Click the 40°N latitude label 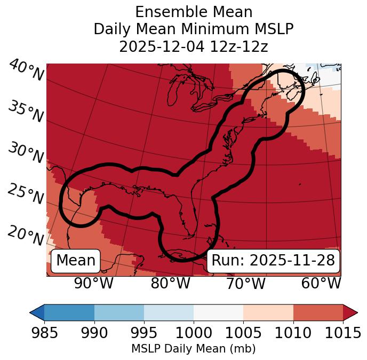26,71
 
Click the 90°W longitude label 93,283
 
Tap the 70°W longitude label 246,283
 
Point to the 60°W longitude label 321,283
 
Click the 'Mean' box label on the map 76,261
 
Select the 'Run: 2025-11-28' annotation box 273,261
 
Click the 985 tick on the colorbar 44,333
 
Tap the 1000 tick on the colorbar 194,333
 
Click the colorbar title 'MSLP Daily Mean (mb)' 193,349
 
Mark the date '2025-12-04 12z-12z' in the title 194,46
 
